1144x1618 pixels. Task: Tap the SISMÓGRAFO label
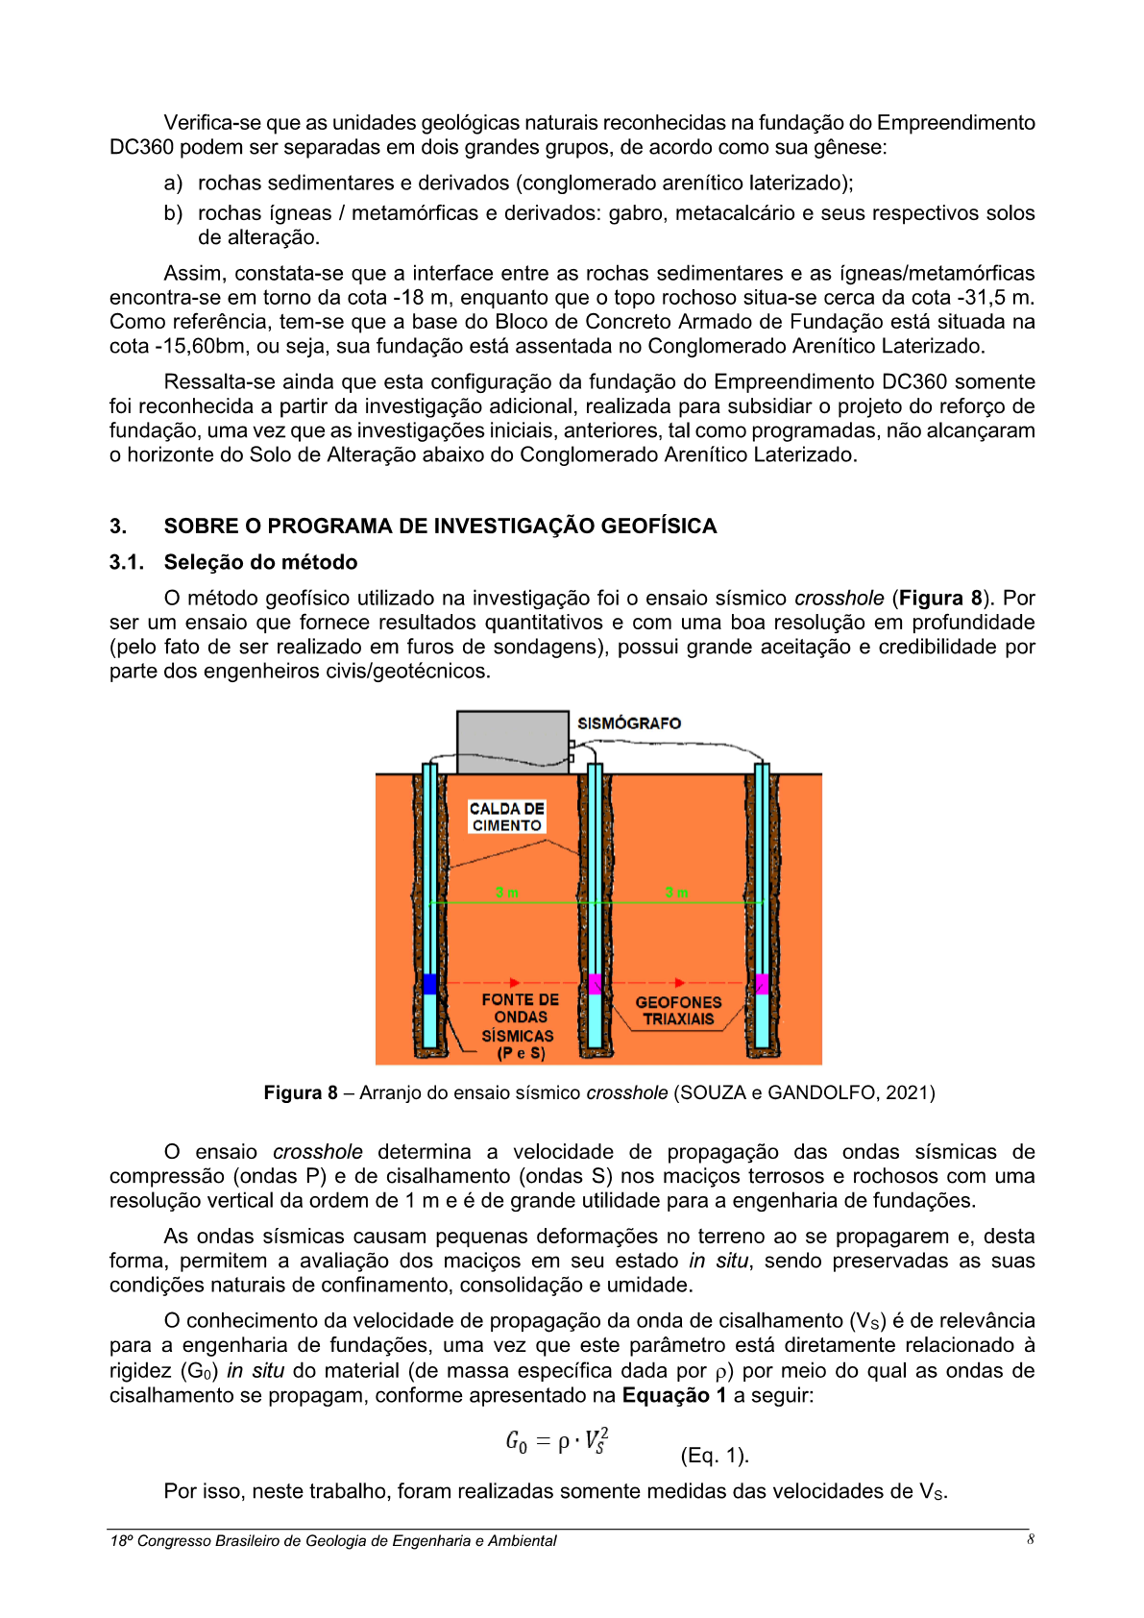[629, 723]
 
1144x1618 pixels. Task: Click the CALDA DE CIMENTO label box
[506, 817]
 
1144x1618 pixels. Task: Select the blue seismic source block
[429, 984]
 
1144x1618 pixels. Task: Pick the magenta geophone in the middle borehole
[595, 984]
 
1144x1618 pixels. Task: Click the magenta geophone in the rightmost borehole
[762, 984]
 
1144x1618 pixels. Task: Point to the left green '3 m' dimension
[507, 893]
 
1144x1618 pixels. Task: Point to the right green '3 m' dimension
[676, 893]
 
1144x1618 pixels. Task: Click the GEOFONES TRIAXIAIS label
[678, 1011]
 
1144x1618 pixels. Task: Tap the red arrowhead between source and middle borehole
[516, 982]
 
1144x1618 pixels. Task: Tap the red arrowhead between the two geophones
[680, 982]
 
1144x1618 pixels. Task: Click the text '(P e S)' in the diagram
[521, 1053]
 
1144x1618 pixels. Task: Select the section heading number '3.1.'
[126, 562]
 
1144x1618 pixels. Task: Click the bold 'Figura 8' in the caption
[301, 1092]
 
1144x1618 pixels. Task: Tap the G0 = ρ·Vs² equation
[557, 1441]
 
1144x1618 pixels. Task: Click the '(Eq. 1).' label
[715, 1456]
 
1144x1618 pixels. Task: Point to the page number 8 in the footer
[1031, 1539]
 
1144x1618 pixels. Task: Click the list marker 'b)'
[173, 213]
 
